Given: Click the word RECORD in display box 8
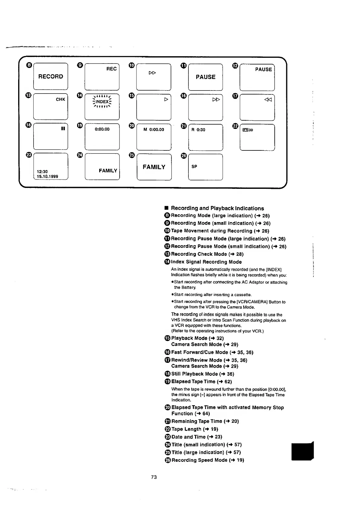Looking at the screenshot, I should pyautogui.click(x=51, y=77).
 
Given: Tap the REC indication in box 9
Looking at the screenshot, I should pyautogui.click(x=111, y=69).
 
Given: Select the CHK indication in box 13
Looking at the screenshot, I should pyautogui.click(x=61, y=99).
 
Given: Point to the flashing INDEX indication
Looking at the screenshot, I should pyautogui.click(x=102, y=102).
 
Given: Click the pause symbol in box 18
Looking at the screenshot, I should pyautogui.click(x=63, y=129).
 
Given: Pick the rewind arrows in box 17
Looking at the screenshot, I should pyautogui.click(x=268, y=100).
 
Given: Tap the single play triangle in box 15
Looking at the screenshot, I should pyautogui.click(x=166, y=99).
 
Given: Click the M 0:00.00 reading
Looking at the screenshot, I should pyautogui.click(x=154, y=130).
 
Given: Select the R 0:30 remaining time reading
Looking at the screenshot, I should pyautogui.click(x=198, y=130).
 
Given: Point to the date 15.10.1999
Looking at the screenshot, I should pyautogui.click(x=47, y=176).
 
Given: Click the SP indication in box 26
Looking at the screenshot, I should pyautogui.click(x=194, y=166).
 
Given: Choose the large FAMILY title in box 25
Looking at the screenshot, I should pyautogui.click(x=154, y=167).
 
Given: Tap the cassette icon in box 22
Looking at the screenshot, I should pyautogui.click(x=245, y=130).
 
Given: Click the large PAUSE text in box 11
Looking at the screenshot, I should pyautogui.click(x=205, y=77).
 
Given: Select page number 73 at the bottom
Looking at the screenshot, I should pyautogui.click(x=154, y=477).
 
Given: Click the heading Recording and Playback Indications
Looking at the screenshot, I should pyautogui.click(x=217, y=208).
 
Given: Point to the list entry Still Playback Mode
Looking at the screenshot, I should pyautogui.click(x=202, y=374).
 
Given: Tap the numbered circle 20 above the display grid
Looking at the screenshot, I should pyautogui.click(x=132, y=126).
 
